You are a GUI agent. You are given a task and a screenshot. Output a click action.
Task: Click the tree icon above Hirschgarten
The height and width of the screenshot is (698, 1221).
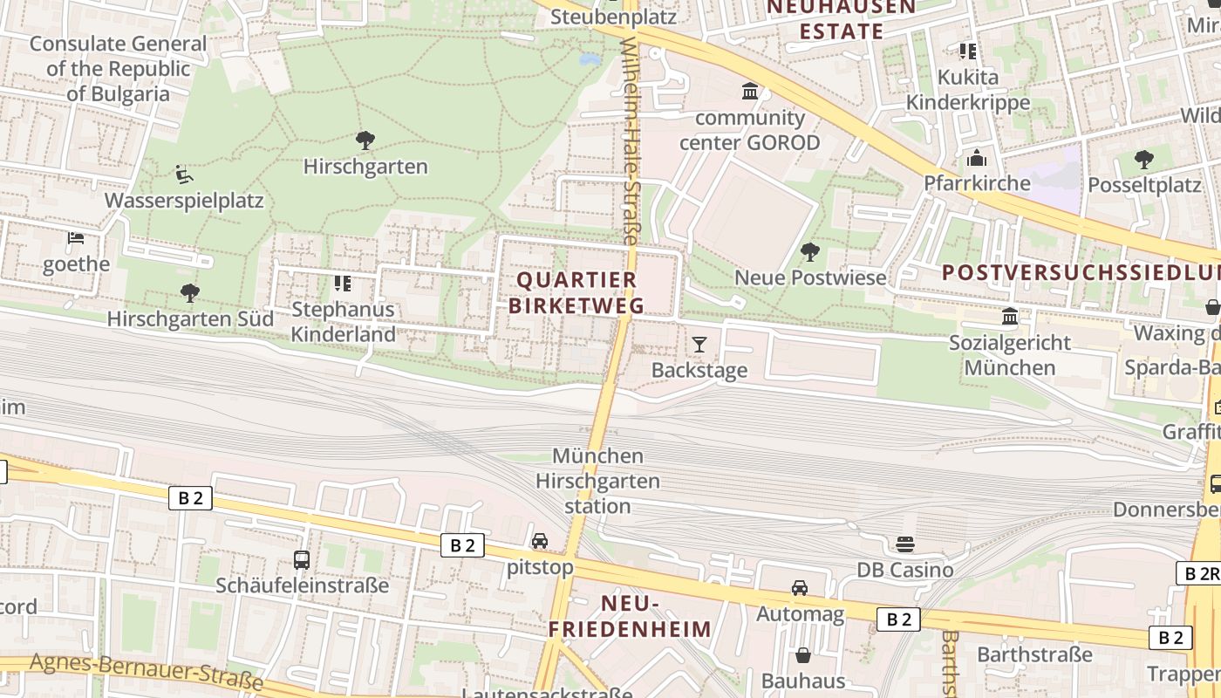pyautogui.click(x=365, y=140)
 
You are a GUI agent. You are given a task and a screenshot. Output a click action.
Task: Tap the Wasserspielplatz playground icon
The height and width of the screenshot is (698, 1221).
pyautogui.click(x=183, y=174)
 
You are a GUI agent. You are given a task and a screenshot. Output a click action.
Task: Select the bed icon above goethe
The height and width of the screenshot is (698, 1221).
pyautogui.click(x=76, y=237)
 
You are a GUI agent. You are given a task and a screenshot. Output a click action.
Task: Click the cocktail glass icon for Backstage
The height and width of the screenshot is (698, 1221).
pyautogui.click(x=699, y=344)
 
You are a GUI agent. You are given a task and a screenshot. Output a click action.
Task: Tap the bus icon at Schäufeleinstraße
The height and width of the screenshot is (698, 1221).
pyautogui.click(x=302, y=559)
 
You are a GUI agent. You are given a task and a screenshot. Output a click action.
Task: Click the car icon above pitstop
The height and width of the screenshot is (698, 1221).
pyautogui.click(x=540, y=541)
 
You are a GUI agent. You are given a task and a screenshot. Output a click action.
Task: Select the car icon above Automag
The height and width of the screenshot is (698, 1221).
pyautogui.click(x=800, y=587)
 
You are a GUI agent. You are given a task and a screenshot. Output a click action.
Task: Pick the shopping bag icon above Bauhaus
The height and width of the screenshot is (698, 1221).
pyautogui.click(x=803, y=654)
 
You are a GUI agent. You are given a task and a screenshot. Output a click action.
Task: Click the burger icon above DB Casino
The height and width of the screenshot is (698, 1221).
pyautogui.click(x=904, y=544)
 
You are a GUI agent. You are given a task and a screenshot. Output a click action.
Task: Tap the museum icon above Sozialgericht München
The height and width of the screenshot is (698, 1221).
pyautogui.click(x=1010, y=315)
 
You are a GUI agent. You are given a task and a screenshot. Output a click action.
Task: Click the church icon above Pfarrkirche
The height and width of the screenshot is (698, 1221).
pyautogui.click(x=976, y=158)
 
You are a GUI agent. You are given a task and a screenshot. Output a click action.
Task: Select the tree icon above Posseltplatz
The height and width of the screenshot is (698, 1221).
pyautogui.click(x=1143, y=160)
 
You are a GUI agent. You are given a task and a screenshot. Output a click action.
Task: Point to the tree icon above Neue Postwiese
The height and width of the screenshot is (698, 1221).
pyautogui.click(x=810, y=252)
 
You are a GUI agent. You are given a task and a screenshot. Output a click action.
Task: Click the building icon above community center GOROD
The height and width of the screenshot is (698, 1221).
pyautogui.click(x=749, y=91)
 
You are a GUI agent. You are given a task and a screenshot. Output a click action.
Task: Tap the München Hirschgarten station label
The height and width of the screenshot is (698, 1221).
pyautogui.click(x=597, y=481)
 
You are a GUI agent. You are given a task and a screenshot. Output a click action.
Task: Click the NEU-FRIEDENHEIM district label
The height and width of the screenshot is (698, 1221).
pyautogui.click(x=630, y=616)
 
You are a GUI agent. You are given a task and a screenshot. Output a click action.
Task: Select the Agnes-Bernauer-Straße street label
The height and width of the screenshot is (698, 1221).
pyautogui.click(x=146, y=672)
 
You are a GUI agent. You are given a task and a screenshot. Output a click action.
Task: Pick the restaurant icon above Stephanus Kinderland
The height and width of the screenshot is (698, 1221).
pyautogui.click(x=343, y=283)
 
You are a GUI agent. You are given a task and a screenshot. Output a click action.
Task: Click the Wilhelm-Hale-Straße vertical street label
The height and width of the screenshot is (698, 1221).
pyautogui.click(x=631, y=140)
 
